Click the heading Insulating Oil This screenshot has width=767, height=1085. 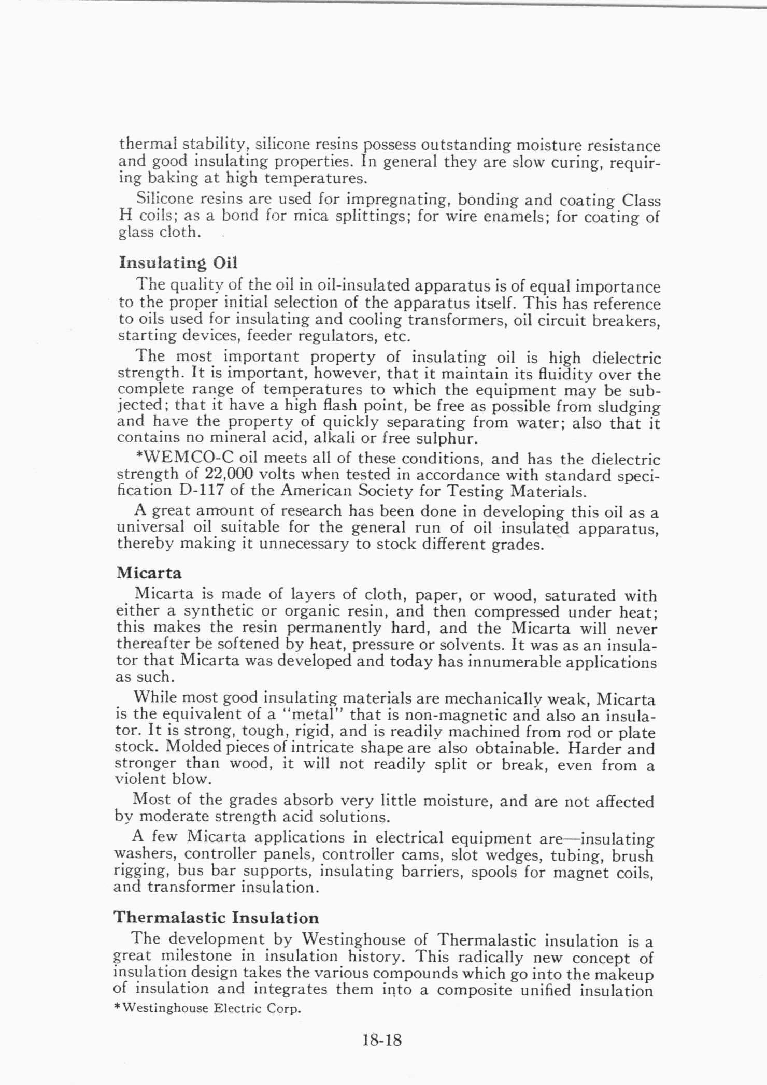[x=178, y=263]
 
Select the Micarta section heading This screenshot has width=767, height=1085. [x=149, y=573]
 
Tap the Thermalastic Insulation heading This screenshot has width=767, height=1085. [x=216, y=918]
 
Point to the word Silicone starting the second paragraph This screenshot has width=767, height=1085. [x=165, y=198]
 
